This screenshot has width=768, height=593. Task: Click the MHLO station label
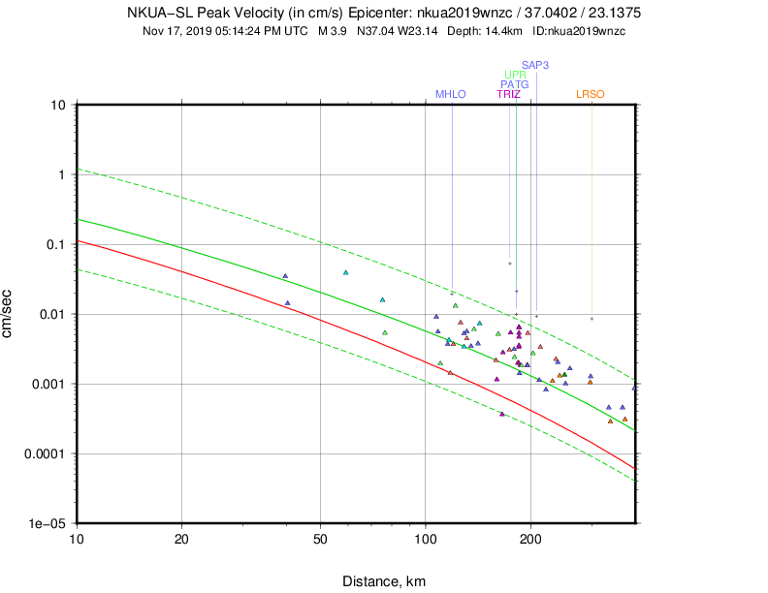coord(451,94)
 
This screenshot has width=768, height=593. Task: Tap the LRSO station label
coord(591,94)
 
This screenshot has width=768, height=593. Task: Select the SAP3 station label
coord(535,65)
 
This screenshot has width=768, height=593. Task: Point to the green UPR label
coord(516,75)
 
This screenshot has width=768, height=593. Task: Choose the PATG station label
coord(515,84)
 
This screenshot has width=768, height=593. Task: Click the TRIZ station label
coord(509,94)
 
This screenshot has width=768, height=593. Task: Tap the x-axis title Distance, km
coord(384,581)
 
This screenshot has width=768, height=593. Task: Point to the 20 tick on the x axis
coord(182,538)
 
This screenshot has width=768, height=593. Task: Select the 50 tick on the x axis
coord(320,538)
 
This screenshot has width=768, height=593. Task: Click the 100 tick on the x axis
coord(426,538)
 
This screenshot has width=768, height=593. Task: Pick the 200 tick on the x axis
coord(530,538)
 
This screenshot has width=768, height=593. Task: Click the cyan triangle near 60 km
coord(345,273)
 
